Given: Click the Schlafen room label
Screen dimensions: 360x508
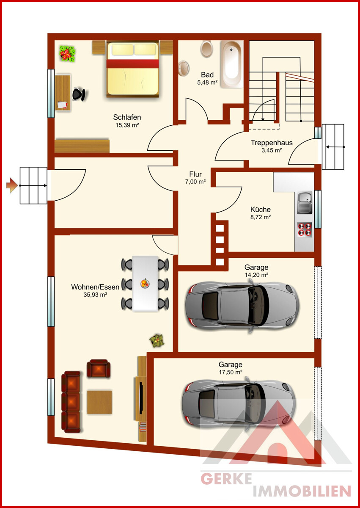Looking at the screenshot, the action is pos(127,117).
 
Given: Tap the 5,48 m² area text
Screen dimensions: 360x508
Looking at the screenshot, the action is pos(207,83).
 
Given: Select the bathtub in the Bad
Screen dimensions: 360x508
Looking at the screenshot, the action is pos(232,64).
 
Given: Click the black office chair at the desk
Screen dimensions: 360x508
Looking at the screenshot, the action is pos(79,94).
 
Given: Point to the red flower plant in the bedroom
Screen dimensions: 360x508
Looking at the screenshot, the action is pos(67,53).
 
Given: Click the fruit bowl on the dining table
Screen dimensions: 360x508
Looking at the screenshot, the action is pos(145,284).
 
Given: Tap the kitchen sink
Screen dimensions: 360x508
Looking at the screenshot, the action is pos(305,203).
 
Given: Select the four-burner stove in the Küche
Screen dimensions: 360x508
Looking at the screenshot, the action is pos(305,230).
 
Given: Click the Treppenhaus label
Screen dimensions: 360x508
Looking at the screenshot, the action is pos(272,143).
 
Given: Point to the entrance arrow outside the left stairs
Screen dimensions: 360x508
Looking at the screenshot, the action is pos(12,185).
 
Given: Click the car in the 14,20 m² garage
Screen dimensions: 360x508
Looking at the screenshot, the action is pos(242,306).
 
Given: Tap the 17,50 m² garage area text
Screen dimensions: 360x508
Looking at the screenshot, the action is pos(231,372).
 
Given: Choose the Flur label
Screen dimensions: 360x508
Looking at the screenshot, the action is pos(195,174).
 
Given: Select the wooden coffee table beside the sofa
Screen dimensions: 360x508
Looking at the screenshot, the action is pos(99,402).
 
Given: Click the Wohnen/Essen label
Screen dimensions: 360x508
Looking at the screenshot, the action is pos(95,287).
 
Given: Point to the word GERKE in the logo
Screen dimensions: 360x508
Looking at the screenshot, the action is pos(226,479).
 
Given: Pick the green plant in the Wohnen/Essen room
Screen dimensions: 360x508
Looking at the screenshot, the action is pos(157,340).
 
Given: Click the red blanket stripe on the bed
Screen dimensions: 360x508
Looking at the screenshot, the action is pos(132,63).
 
